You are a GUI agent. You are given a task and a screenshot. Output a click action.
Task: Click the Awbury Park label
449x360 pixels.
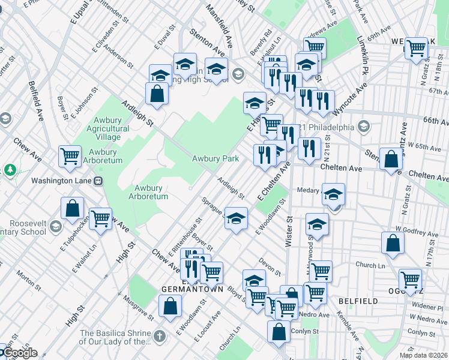click(x=215, y=158)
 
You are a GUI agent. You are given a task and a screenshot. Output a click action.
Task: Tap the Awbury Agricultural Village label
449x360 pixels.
click(x=103, y=128)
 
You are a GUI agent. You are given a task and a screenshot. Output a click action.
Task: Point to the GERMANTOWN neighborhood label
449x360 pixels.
click(x=192, y=289)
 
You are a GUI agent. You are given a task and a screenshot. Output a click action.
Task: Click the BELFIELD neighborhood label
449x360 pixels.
click(x=358, y=301)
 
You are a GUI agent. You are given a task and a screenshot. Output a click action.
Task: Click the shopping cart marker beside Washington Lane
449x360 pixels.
click(x=70, y=156)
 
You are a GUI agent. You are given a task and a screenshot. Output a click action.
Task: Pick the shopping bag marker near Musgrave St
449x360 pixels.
click(x=170, y=305)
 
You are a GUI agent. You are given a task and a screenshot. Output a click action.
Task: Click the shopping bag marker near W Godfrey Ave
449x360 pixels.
click(x=393, y=243)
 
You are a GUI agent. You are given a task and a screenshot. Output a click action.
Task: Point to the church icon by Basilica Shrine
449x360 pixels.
click(x=160, y=335)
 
